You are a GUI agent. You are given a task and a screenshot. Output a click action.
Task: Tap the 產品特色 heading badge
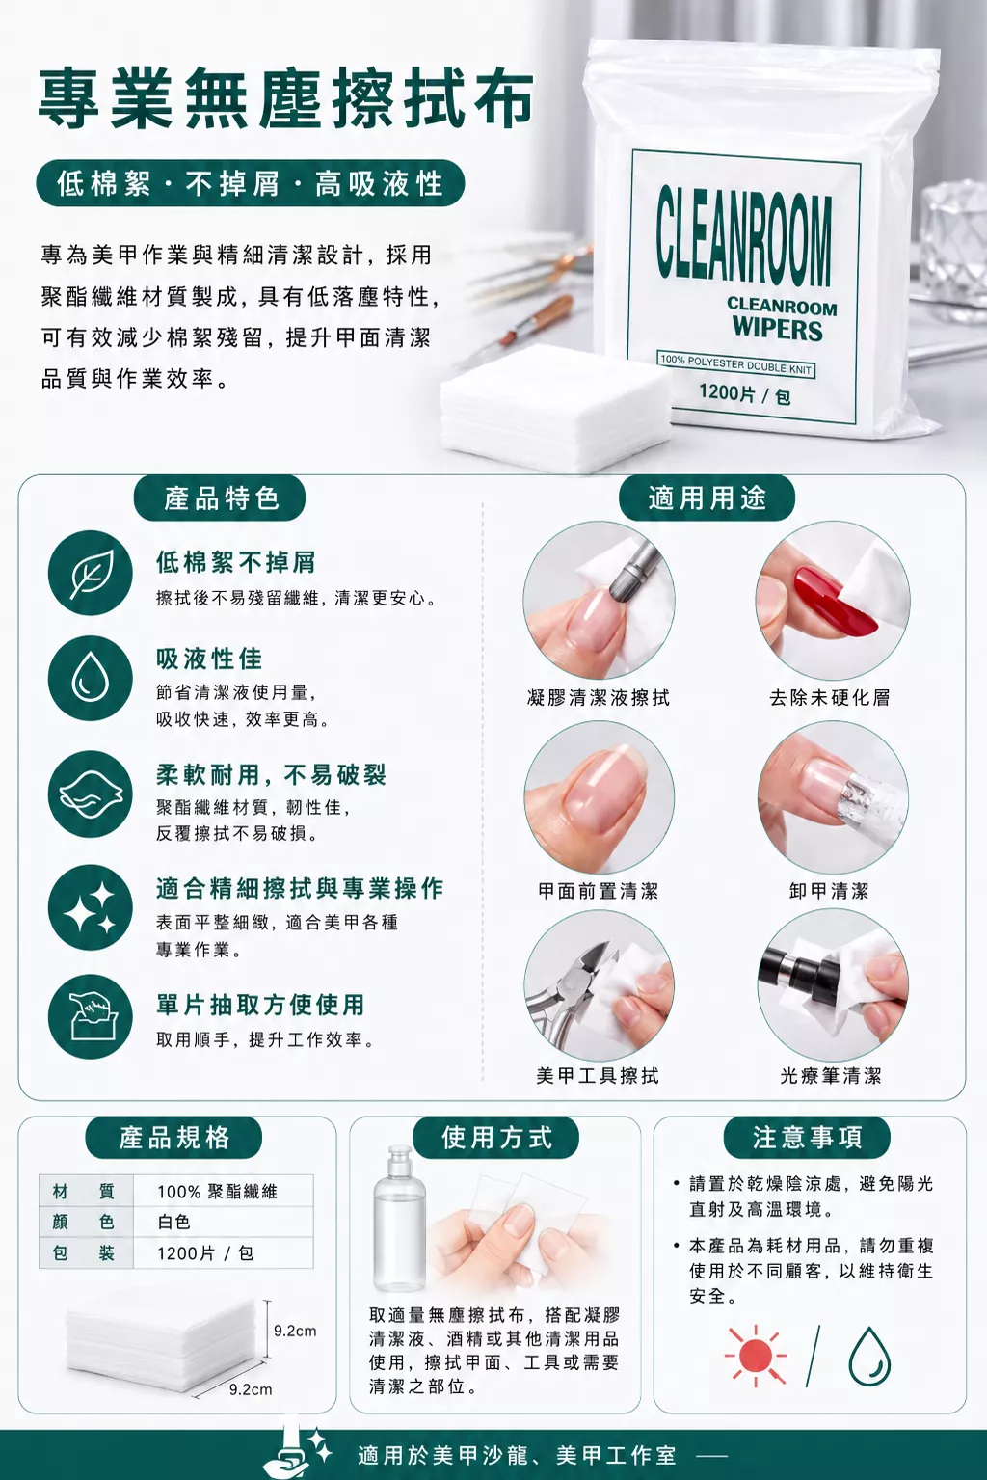pos(220,498)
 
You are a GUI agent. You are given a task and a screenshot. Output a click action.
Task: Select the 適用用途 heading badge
pos(707,498)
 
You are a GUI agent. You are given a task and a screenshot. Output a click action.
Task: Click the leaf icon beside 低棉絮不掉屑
pos(91,573)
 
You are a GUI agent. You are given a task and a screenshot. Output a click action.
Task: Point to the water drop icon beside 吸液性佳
pos(91,678)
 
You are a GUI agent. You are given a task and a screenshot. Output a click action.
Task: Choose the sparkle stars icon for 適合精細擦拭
pos(91,907)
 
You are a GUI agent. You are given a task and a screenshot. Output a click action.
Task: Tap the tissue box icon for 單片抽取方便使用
pos(91,1016)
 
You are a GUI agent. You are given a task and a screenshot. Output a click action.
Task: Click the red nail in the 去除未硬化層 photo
pos(835,598)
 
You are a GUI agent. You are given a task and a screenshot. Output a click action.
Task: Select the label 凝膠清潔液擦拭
pos(599,697)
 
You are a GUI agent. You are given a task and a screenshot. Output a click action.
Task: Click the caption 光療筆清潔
pos(831,1076)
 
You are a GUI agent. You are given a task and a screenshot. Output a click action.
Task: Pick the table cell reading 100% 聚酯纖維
pos(217,1192)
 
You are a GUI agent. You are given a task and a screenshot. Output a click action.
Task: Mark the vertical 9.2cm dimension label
pos(295,1331)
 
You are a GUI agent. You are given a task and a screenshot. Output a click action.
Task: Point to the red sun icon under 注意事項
pos(755,1356)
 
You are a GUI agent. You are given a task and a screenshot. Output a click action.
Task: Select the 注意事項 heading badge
pos(807,1137)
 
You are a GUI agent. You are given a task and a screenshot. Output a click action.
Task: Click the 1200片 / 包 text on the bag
pos(744,393)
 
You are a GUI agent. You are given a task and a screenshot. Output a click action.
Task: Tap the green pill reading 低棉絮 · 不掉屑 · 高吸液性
pos(251,183)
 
